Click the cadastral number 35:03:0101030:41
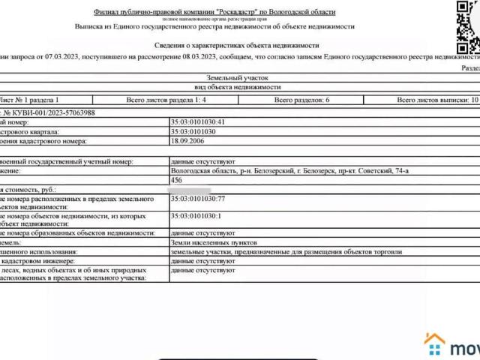(x=198, y=121)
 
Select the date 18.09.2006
(x=186, y=140)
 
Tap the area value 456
(x=177, y=181)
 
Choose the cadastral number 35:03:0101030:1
(x=196, y=216)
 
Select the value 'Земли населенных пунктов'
(x=214, y=243)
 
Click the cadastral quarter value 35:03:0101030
(x=193, y=130)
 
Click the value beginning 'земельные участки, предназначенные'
(x=286, y=252)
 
